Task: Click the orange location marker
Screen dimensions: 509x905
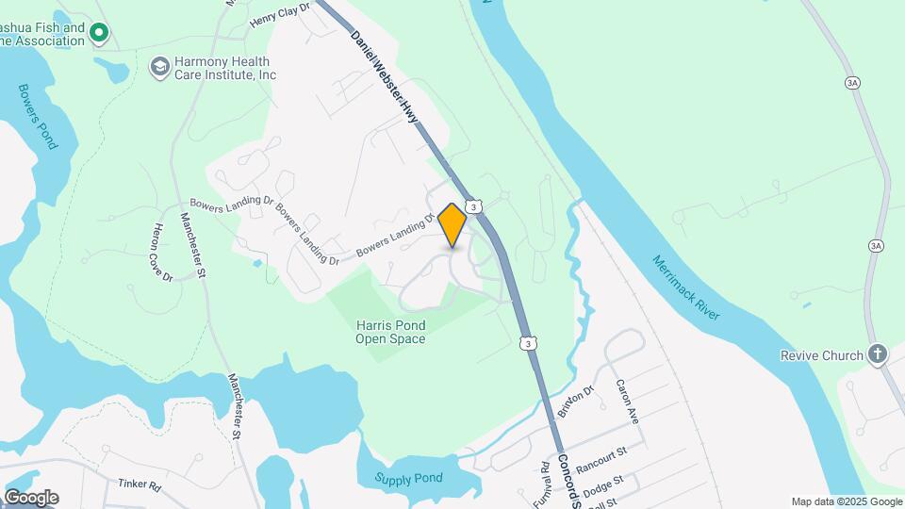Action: click(452, 224)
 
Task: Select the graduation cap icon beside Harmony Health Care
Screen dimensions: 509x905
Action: click(159, 66)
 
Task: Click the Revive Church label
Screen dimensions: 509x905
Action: click(821, 355)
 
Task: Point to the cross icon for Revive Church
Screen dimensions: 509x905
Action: click(878, 354)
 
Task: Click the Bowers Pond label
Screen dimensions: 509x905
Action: click(38, 116)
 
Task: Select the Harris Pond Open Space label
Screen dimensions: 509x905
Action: click(390, 332)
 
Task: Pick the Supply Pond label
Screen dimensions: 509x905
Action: click(408, 478)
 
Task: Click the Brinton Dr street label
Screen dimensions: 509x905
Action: click(577, 402)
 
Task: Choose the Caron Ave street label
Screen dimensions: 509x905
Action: click(629, 401)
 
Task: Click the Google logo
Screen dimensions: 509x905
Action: click(30, 497)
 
